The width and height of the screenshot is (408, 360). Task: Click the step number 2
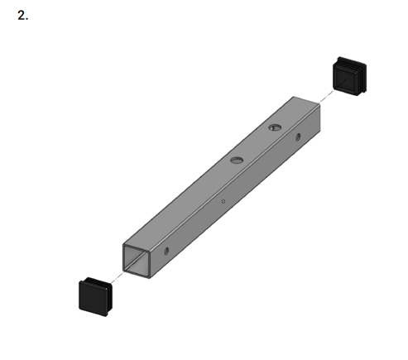coord(22,16)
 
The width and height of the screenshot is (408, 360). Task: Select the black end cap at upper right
coord(349,76)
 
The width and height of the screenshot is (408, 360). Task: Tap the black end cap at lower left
coord(95,297)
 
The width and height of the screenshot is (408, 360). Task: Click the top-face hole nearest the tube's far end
coord(275,127)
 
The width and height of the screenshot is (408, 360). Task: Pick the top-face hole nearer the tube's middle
coord(237,160)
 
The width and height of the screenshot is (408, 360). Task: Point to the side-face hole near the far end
coord(298,137)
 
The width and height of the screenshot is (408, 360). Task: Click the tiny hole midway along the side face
coord(223,201)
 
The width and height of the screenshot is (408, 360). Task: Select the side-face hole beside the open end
coord(166,251)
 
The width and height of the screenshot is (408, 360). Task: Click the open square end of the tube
coord(137,261)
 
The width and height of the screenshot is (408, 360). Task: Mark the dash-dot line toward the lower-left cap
coord(117,277)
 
